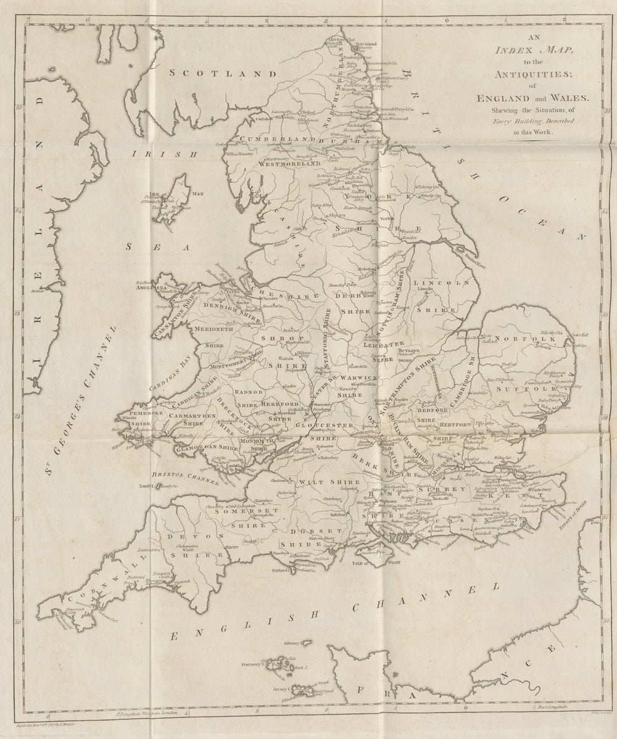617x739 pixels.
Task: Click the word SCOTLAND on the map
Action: pyautogui.click(x=206, y=73)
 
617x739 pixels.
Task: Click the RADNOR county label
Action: pyautogui.click(x=249, y=392)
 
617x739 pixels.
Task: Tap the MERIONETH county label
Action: pyautogui.click(x=213, y=329)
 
